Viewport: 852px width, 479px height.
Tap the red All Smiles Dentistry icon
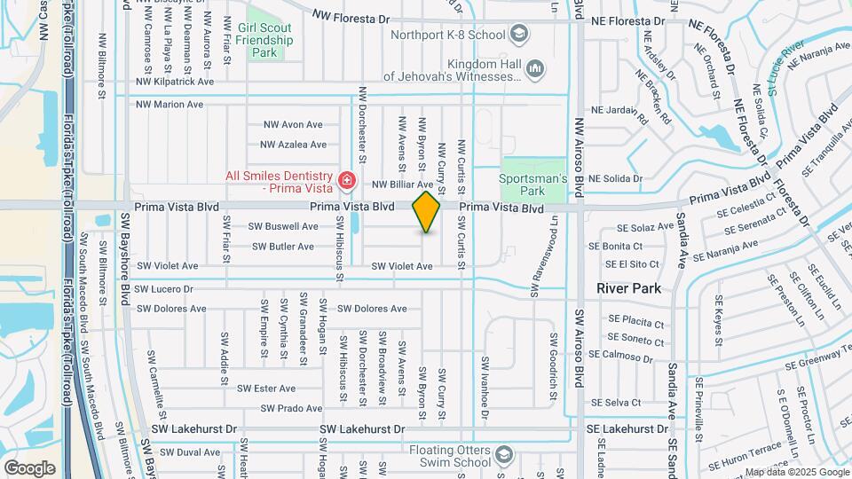pyautogui.click(x=346, y=183)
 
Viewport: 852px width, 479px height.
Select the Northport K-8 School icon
pyautogui.click(x=518, y=35)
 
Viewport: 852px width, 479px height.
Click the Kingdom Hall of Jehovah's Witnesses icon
pyautogui.click(x=534, y=68)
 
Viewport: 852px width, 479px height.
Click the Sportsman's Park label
pyautogui.click(x=532, y=185)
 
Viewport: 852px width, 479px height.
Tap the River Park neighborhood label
pyautogui.click(x=629, y=288)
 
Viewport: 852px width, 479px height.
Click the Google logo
pyautogui.click(x=29, y=467)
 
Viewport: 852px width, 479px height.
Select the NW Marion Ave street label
pyautogui.click(x=170, y=104)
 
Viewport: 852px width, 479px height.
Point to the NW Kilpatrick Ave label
pyautogui.click(x=175, y=81)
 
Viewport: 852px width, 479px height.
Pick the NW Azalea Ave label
pyautogui.click(x=293, y=144)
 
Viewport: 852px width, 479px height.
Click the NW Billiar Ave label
pyautogui.click(x=402, y=185)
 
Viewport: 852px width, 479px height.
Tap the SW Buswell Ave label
pyautogui.click(x=283, y=226)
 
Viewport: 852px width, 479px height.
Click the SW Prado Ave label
pyautogui.click(x=292, y=408)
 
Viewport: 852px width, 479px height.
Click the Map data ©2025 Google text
pyautogui.click(x=795, y=472)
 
